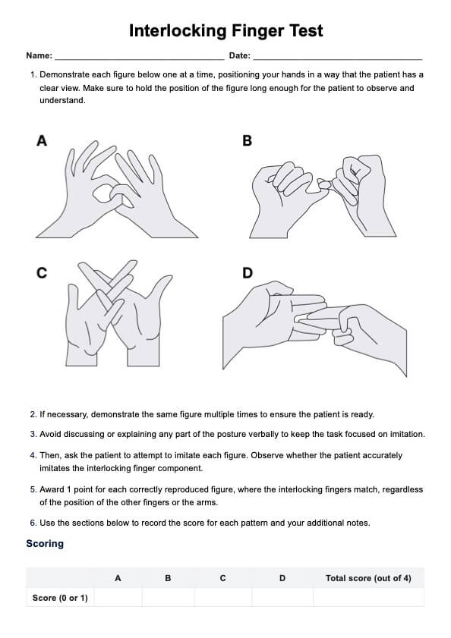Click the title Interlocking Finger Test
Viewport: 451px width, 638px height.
click(x=225, y=31)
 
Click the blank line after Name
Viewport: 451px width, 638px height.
click(x=140, y=59)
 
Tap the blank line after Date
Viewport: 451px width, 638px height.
click(x=338, y=59)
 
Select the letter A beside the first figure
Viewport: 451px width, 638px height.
click(x=42, y=141)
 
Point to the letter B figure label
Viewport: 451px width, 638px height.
click(x=247, y=141)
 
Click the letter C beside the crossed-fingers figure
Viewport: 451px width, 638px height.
click(x=42, y=272)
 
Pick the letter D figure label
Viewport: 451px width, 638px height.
click(x=248, y=272)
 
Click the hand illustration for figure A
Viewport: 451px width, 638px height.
click(x=117, y=190)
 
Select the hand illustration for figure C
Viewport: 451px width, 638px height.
click(x=118, y=313)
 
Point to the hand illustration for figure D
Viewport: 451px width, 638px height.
click(x=314, y=328)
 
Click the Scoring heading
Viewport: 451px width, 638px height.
click(x=45, y=544)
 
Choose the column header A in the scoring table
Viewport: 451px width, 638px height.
click(x=118, y=578)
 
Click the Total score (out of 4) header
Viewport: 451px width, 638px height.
click(x=368, y=578)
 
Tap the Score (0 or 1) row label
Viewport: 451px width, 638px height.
click(x=60, y=598)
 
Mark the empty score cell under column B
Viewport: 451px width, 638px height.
click(x=169, y=597)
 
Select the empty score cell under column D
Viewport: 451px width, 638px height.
click(x=282, y=597)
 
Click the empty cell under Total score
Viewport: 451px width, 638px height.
click(x=368, y=597)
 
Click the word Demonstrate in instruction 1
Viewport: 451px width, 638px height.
click(x=65, y=75)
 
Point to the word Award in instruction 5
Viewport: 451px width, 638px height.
click(x=52, y=489)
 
